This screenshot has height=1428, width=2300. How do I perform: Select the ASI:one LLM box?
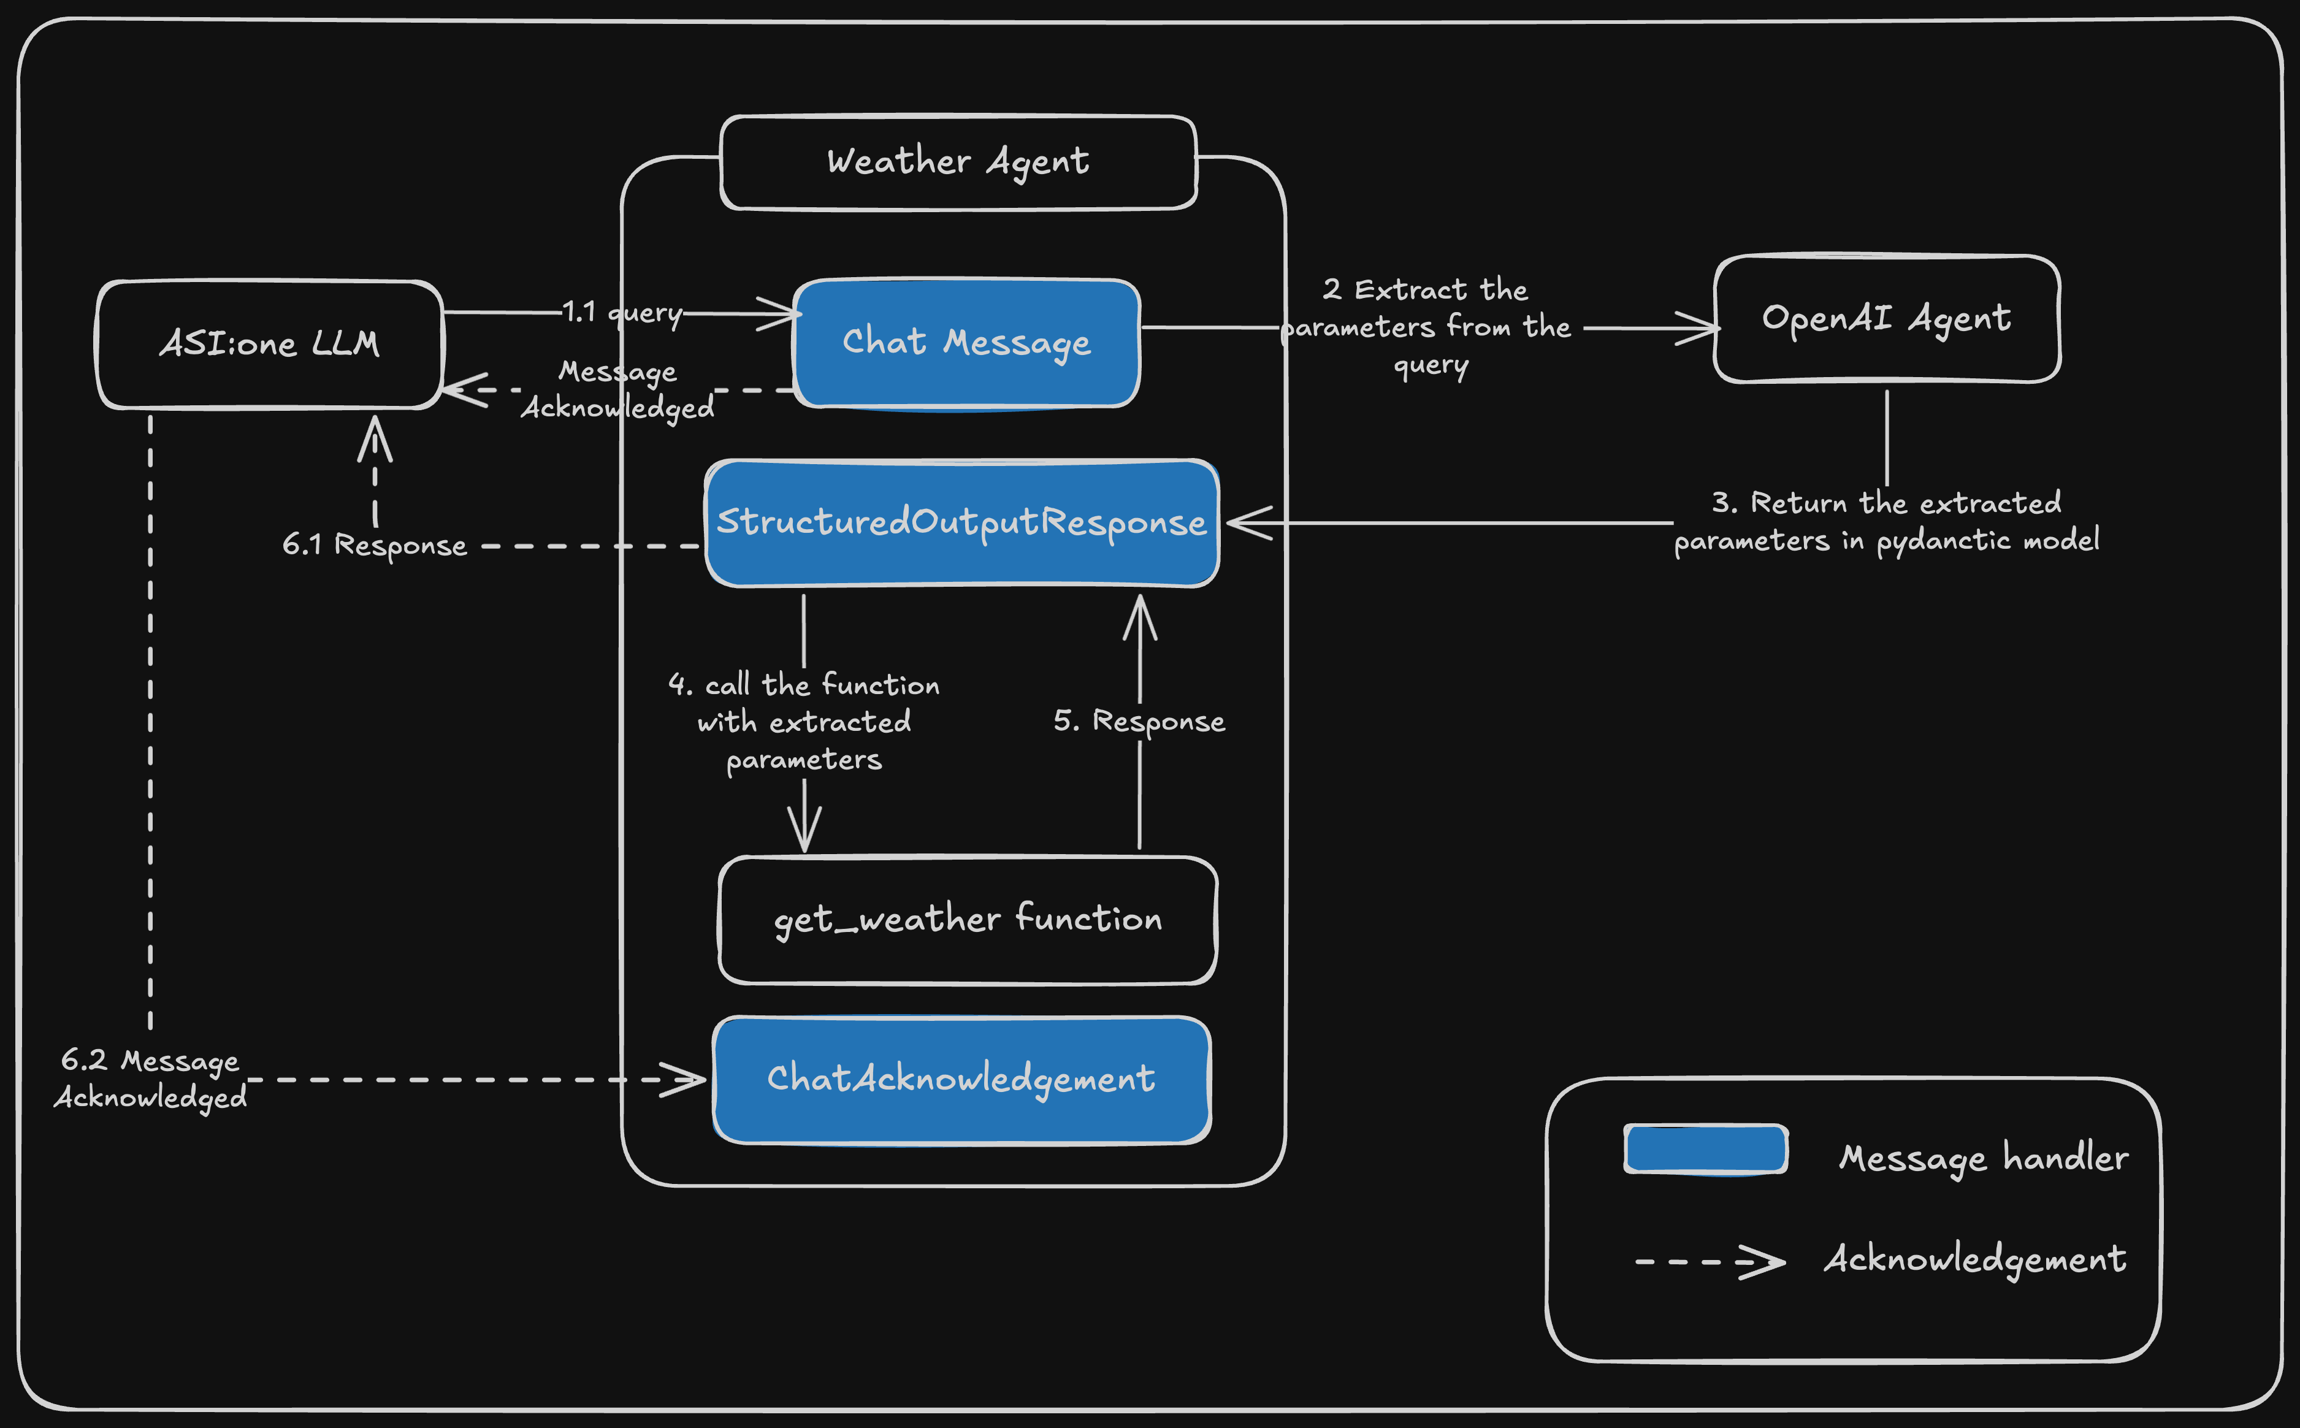point(269,344)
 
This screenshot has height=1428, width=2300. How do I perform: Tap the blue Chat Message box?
point(966,342)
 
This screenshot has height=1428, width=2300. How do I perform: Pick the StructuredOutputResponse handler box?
point(961,522)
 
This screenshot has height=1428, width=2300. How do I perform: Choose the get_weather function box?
point(967,919)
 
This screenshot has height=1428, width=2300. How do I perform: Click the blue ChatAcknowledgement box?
point(961,1079)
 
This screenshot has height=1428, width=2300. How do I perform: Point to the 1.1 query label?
point(622,311)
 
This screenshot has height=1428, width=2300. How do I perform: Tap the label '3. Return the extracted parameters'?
point(1885,521)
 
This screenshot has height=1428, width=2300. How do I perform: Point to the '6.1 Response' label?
point(375,545)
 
